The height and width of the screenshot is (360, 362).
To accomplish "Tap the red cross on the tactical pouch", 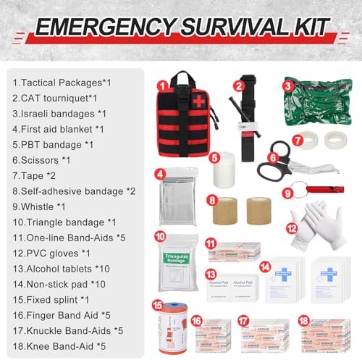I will (x=195, y=101).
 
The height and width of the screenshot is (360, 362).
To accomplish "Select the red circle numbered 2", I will (x=237, y=85).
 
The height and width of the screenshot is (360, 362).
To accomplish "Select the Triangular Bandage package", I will (x=177, y=260).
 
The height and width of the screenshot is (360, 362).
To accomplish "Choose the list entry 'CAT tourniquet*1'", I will (x=54, y=97).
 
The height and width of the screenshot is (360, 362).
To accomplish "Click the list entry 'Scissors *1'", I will (x=41, y=159).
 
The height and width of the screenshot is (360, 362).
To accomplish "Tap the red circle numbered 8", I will (x=211, y=198).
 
